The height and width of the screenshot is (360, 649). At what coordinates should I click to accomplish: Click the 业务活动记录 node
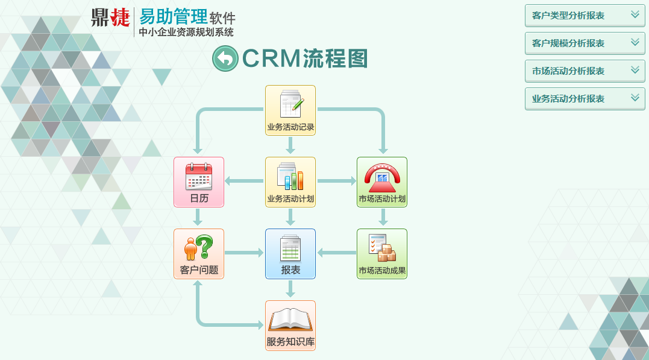[x=290, y=110]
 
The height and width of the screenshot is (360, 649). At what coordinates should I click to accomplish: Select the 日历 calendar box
[x=199, y=182]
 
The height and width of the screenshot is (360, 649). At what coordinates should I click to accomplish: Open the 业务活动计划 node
[x=290, y=182]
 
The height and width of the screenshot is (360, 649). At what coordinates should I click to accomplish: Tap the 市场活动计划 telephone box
[x=382, y=182]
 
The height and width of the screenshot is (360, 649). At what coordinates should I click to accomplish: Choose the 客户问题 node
[x=199, y=254]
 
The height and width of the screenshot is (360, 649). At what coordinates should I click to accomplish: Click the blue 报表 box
[x=290, y=254]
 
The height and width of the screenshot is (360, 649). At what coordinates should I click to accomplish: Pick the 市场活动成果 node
[x=382, y=254]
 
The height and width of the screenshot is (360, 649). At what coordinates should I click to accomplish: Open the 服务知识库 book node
[x=290, y=326]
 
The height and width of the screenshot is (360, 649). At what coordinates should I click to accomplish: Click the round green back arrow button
[x=225, y=58]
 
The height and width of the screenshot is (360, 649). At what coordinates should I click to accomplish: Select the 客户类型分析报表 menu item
[x=568, y=16]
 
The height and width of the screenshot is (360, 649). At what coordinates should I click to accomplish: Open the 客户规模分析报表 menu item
[x=568, y=43]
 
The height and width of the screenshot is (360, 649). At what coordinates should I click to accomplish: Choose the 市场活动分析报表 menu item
[x=568, y=71]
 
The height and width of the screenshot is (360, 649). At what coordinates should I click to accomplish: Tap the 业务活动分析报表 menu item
[x=568, y=99]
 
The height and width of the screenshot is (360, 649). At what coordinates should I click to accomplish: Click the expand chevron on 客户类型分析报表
[x=635, y=15]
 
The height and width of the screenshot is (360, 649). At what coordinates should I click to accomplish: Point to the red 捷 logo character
[x=119, y=17]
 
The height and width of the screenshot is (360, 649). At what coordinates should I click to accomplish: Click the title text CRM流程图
[x=305, y=58]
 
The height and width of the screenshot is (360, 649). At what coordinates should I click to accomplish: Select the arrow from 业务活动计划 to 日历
[x=244, y=181]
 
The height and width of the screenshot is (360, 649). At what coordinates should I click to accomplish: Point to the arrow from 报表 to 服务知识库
[x=290, y=289]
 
